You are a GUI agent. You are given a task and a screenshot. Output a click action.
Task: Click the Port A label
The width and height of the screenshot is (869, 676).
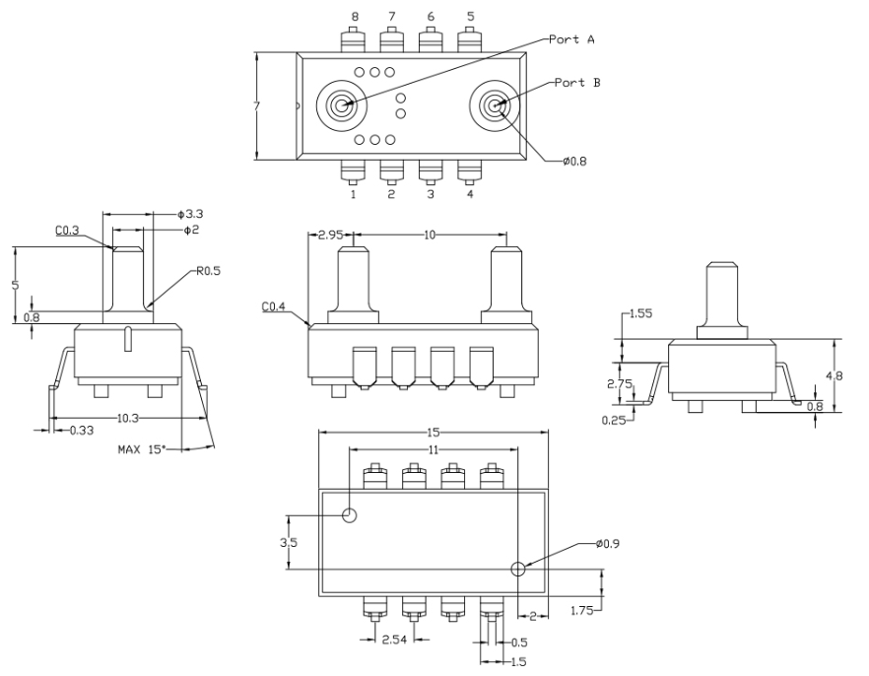tap(571, 39)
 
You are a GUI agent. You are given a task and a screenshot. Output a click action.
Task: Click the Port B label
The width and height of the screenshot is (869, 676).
tap(577, 83)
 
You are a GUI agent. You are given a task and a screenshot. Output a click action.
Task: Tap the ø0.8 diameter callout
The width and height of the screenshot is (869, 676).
tap(574, 162)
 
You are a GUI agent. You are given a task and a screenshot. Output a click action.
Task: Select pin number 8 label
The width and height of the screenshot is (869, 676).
tap(355, 17)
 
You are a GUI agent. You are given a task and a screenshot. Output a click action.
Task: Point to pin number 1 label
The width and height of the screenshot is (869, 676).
tap(353, 194)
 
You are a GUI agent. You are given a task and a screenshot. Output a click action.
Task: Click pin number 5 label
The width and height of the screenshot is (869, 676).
tap(471, 17)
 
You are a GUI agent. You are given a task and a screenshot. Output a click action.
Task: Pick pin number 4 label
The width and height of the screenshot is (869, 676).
tap(470, 194)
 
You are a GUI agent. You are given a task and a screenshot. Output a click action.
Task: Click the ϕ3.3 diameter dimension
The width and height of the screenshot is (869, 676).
tap(191, 214)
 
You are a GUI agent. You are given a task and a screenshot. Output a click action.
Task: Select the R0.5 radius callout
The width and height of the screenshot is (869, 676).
tap(209, 271)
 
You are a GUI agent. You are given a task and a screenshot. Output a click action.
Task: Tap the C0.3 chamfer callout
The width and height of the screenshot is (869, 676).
tap(67, 230)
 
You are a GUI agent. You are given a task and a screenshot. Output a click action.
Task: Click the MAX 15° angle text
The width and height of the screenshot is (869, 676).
tap(142, 449)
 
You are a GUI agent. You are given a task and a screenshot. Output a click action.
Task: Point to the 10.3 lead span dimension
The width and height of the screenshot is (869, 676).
tap(127, 418)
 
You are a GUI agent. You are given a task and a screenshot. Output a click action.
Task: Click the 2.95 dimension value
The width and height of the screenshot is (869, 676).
tap(331, 235)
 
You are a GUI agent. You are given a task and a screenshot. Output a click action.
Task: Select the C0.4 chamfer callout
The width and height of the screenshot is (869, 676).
tap(274, 306)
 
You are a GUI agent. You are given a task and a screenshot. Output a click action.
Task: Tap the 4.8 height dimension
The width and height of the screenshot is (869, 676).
tap(834, 375)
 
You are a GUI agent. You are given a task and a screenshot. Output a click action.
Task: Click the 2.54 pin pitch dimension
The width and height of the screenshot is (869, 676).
tap(394, 640)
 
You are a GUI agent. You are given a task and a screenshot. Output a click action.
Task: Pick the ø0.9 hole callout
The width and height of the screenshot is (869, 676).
tap(607, 544)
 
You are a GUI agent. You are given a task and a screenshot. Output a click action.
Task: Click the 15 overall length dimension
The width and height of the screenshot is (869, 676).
tap(433, 433)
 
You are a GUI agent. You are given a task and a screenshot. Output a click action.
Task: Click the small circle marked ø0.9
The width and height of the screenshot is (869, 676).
tap(517, 569)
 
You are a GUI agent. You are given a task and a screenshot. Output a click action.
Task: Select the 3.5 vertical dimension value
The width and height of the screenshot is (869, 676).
tap(289, 542)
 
